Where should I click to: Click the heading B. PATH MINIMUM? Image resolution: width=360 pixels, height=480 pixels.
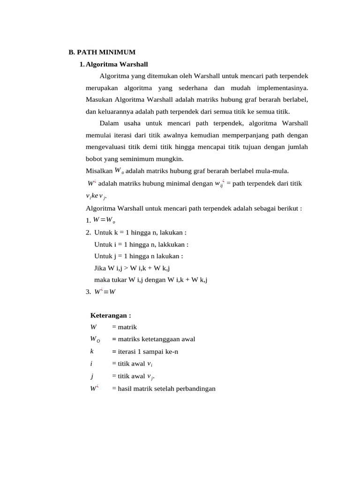tap(102, 52)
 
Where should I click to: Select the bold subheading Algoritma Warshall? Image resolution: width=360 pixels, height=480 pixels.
tap(117, 64)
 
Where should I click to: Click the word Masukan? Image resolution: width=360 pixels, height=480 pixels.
tap(99, 99)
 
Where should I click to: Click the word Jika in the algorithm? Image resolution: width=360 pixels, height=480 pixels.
tap(100, 268)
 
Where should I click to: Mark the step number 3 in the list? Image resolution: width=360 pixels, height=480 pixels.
tap(88, 292)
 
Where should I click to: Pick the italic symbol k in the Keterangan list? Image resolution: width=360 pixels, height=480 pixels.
tap(92, 351)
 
